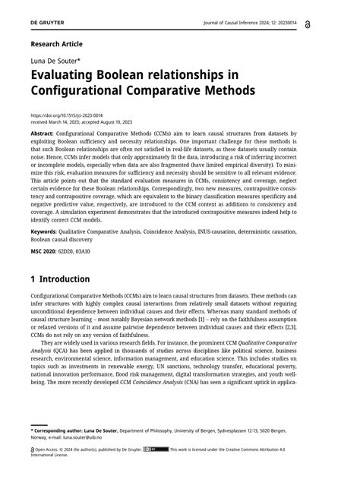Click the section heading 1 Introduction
tap(60, 279)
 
